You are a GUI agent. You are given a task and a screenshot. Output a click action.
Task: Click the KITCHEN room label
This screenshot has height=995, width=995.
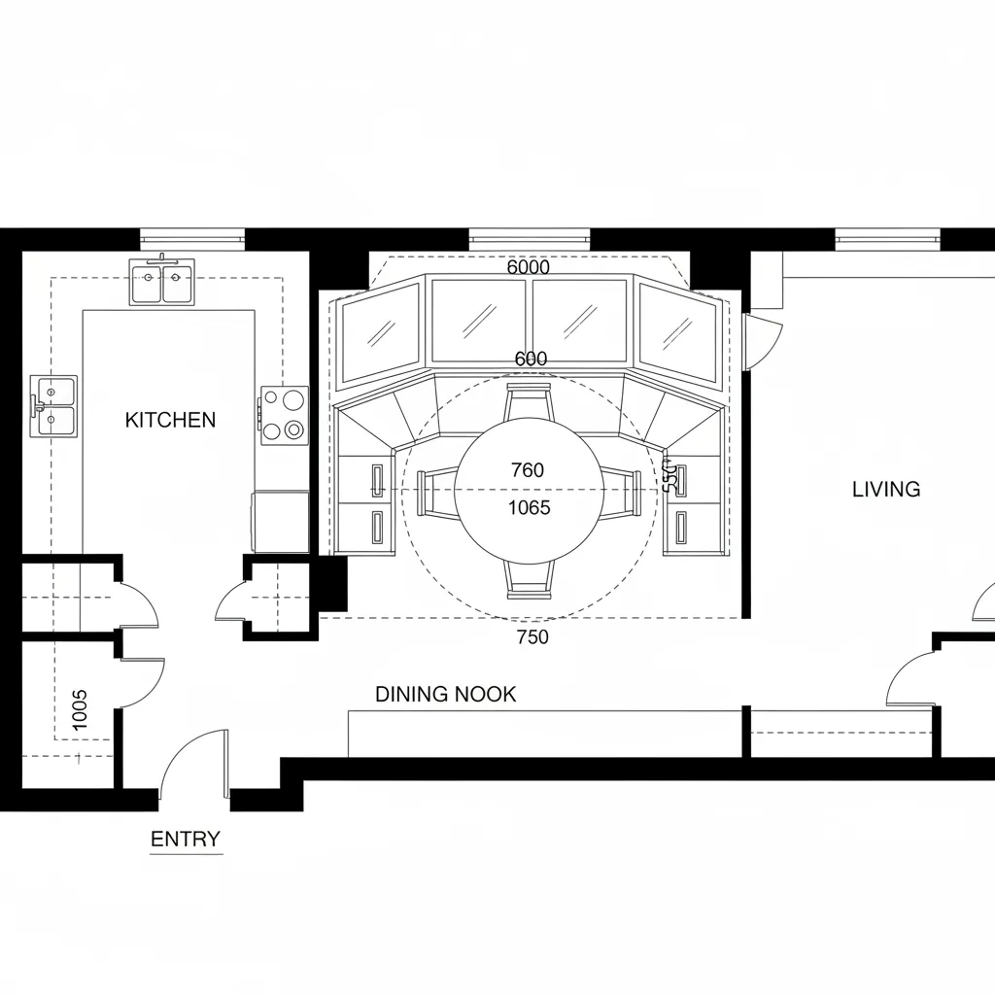[171, 420]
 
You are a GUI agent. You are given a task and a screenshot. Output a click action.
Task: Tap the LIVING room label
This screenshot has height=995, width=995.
[885, 489]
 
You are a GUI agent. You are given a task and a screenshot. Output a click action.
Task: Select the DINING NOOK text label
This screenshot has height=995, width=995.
[445, 694]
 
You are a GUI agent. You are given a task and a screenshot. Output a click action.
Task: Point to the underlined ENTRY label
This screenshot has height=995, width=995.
[186, 840]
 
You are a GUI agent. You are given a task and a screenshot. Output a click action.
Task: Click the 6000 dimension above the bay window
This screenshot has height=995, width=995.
[529, 267]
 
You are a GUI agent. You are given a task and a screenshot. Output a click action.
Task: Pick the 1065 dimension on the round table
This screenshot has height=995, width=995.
[529, 507]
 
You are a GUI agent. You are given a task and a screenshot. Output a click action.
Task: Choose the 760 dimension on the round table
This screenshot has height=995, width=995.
[528, 470]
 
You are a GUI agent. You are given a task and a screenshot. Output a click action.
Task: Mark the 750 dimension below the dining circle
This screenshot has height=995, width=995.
[532, 637]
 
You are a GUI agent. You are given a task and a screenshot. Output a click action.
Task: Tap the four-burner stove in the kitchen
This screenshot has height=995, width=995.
[284, 415]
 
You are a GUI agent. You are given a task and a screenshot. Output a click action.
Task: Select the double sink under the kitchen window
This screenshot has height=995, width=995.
[161, 283]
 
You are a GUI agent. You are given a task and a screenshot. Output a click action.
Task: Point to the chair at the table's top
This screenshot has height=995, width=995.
[530, 399]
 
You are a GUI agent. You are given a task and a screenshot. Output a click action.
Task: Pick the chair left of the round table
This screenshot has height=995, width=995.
[435, 494]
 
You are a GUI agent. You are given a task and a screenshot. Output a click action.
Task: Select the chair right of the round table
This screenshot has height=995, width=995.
[622, 494]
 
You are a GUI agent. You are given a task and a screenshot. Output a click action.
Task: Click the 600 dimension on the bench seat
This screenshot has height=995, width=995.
[531, 359]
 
